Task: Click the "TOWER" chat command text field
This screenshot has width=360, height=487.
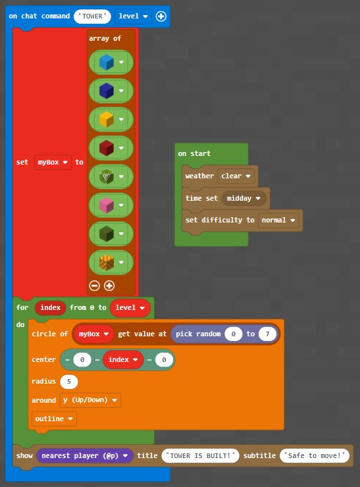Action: pos(92,16)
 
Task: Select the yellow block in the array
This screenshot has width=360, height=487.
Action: pos(107,119)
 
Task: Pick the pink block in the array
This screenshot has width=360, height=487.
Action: pos(107,205)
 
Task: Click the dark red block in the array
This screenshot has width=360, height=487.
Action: pos(107,148)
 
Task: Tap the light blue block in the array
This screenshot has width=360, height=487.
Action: pos(107,62)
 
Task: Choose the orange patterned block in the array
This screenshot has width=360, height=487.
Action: pos(107,263)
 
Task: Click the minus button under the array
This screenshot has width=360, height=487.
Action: pos(94,286)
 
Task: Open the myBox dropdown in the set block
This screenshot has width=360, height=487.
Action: pos(53,162)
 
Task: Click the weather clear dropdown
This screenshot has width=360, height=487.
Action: pos(236,176)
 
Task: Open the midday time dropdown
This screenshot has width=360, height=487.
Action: pos(244,198)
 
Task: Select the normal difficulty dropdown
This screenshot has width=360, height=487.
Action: pos(278,220)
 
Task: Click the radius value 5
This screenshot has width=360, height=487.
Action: pos(69,382)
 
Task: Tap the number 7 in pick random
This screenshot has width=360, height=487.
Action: pos(267,334)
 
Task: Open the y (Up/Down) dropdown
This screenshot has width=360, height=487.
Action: pos(90,400)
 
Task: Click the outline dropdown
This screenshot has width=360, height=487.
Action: pos(54,419)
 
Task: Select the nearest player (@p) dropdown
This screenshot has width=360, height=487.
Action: pos(85,455)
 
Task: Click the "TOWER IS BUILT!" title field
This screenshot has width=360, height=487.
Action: pos(200,455)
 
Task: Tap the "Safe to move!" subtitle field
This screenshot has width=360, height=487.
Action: pos(315,455)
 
